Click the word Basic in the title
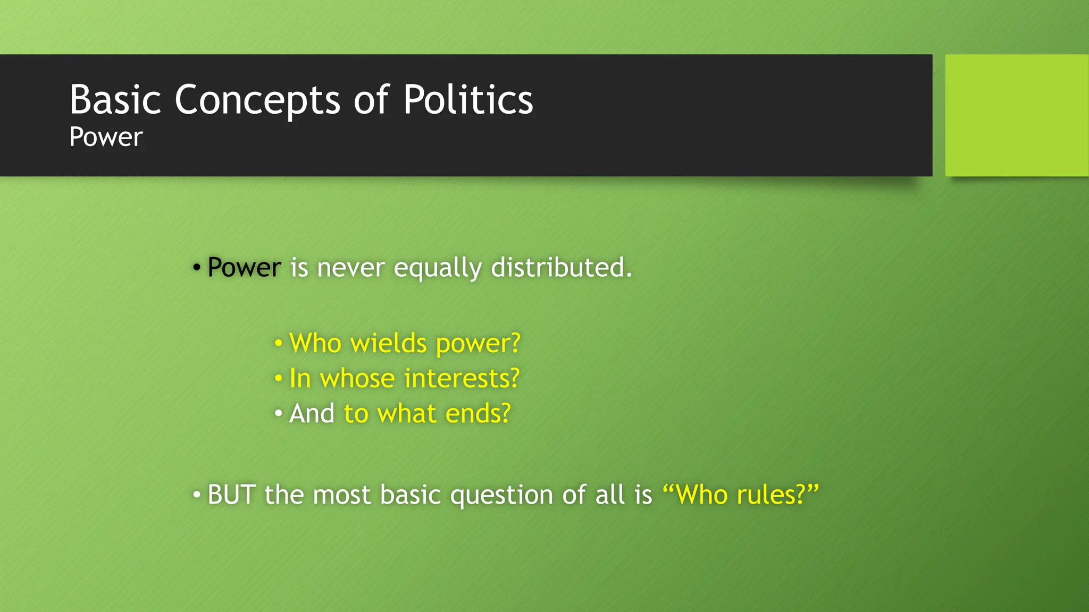tap(115, 99)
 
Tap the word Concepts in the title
tap(257, 99)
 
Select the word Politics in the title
tap(468, 99)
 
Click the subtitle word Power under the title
tap(106, 137)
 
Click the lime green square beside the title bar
tap(1016, 115)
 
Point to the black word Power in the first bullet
tap(244, 267)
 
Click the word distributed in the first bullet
tap(561, 267)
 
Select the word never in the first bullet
tap(350, 267)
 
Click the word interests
tap(461, 379)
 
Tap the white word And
tap(312, 413)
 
